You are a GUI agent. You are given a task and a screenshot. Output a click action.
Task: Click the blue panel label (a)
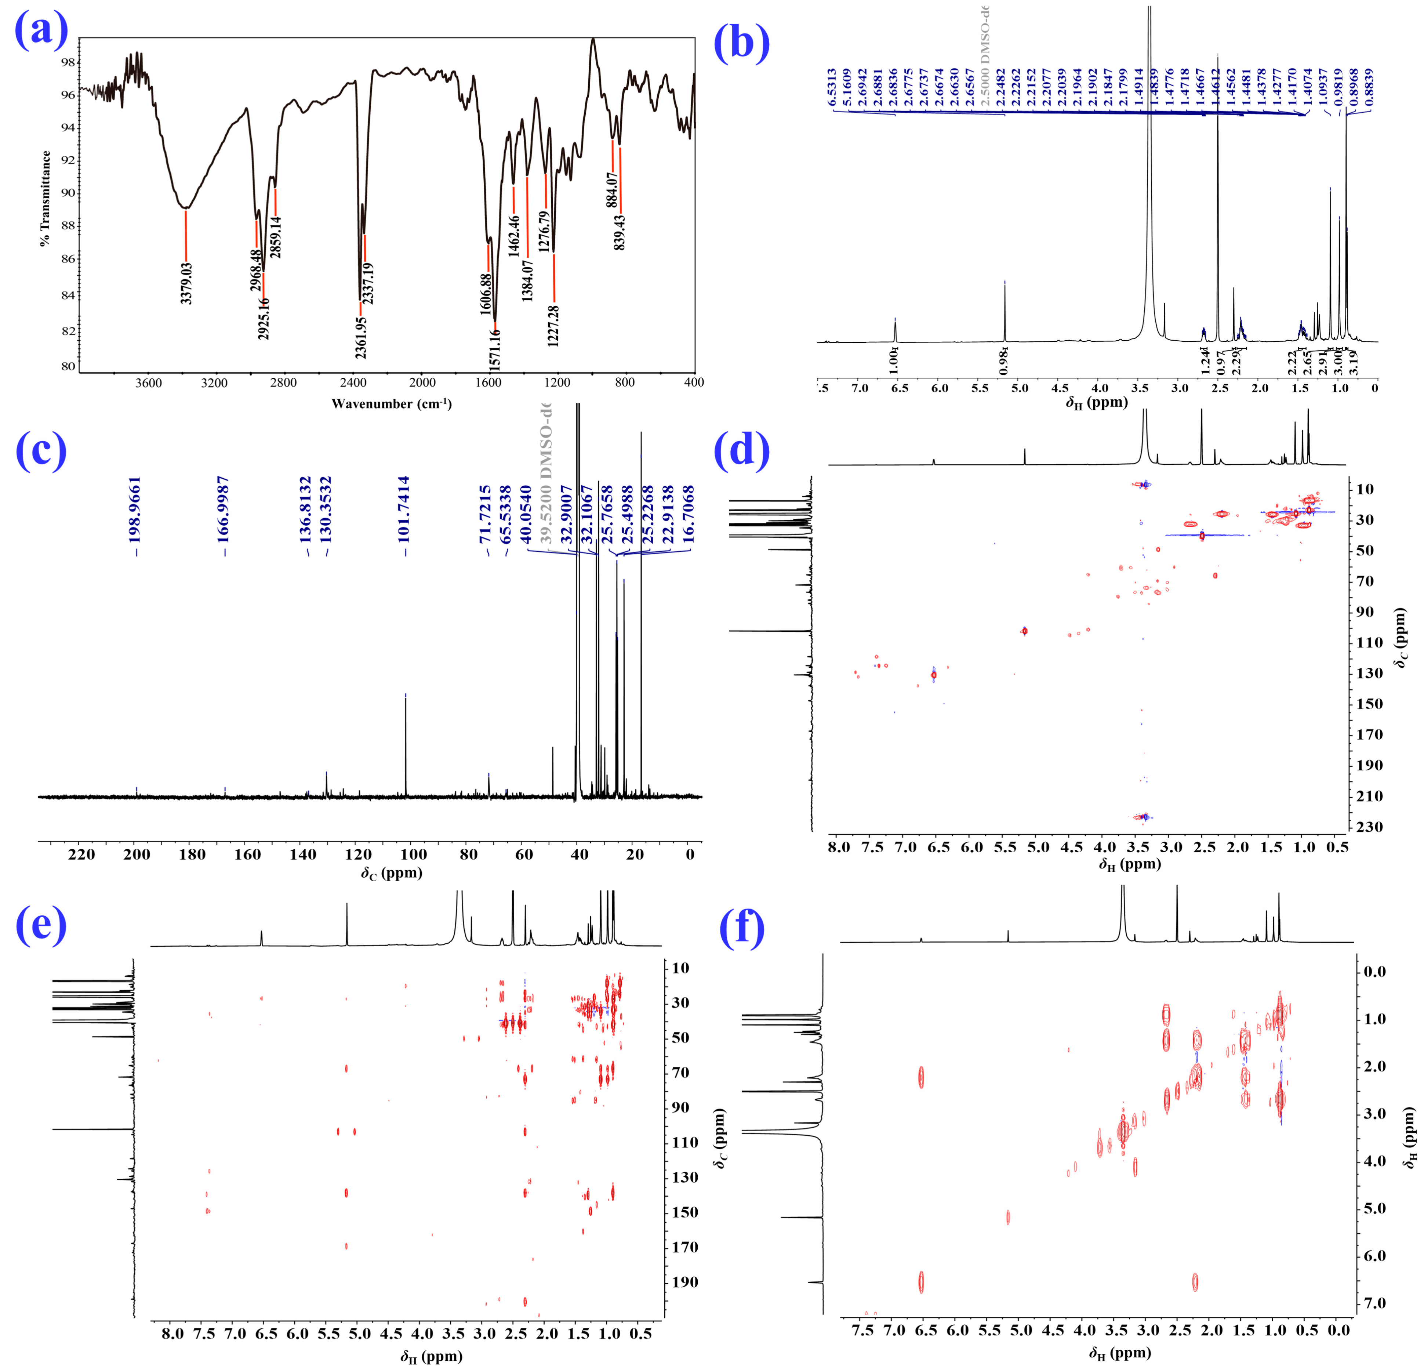[41, 33]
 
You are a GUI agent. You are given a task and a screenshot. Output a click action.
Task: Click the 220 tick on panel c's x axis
[81, 855]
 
